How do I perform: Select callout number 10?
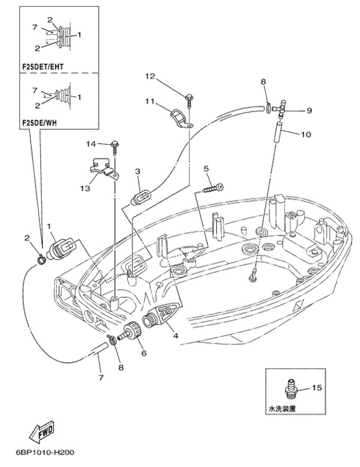coord(306,134)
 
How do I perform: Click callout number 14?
coord(91,144)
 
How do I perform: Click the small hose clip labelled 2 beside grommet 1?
coord(40,260)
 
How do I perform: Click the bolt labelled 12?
coord(188,97)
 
